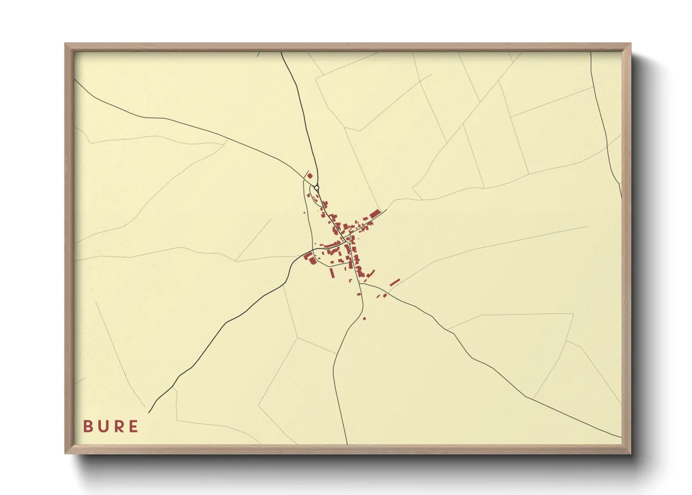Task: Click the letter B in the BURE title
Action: [87, 426]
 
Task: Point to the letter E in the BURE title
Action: [134, 426]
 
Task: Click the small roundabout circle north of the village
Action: [317, 188]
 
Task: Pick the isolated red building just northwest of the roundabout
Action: [310, 176]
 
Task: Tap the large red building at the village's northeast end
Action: [374, 214]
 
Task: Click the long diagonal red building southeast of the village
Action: [395, 282]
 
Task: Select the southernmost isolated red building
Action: [364, 319]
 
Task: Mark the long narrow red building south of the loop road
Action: [332, 272]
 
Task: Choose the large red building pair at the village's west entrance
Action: [309, 257]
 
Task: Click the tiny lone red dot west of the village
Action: [304, 212]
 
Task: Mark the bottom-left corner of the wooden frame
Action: [66, 453]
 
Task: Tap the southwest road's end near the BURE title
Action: [149, 413]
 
